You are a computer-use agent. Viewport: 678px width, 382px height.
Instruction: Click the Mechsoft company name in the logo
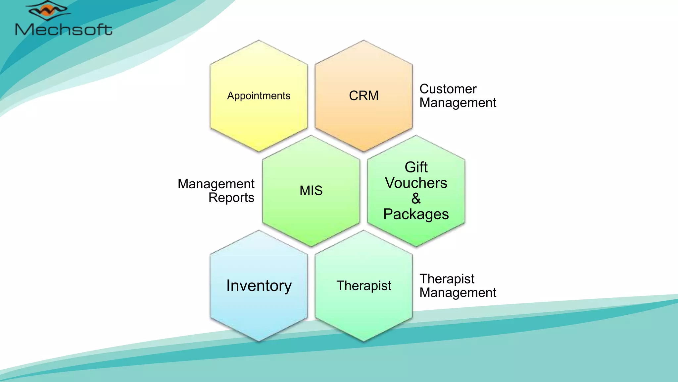tap(64, 30)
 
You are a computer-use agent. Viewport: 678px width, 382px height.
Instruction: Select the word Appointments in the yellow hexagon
tap(259, 96)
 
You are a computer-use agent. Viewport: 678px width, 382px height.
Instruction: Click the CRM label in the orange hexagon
tap(363, 96)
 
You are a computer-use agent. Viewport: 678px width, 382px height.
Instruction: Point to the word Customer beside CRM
tap(448, 89)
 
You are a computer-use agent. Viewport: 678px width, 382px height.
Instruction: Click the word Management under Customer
tap(458, 103)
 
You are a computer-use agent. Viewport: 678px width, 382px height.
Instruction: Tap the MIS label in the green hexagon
tap(311, 191)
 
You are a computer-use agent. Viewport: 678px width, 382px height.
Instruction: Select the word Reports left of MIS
tap(231, 198)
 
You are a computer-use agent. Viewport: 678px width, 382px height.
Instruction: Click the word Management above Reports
tap(216, 184)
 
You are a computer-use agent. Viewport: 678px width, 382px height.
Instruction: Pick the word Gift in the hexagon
tap(416, 167)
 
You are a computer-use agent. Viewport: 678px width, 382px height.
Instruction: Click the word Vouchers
tap(416, 183)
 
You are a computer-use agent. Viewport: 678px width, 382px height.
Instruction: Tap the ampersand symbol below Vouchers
tap(416, 199)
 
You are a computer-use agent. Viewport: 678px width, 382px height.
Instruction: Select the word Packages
tap(416, 214)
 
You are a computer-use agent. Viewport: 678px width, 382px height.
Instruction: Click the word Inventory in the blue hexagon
tap(259, 286)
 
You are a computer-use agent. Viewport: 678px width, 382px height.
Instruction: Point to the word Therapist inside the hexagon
tap(363, 286)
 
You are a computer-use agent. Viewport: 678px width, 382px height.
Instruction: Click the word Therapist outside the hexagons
tap(447, 279)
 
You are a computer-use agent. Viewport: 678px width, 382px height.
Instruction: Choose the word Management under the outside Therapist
tap(458, 293)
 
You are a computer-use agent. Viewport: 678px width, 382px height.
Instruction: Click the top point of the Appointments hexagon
tap(259, 40)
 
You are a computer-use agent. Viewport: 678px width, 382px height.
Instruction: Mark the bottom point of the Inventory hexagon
tap(259, 341)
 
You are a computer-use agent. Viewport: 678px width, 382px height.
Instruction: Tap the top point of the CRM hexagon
tap(363, 40)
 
